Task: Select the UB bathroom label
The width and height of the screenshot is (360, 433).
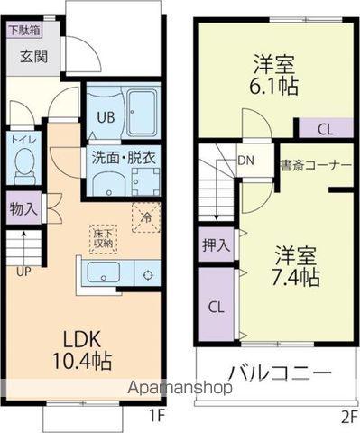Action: [x=101, y=116]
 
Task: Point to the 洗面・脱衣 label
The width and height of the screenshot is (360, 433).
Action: [x=124, y=155]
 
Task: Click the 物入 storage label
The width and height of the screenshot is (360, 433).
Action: [x=23, y=209]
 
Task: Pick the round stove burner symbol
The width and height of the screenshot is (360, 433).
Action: [x=147, y=275]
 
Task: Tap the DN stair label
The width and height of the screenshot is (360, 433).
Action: [x=246, y=162]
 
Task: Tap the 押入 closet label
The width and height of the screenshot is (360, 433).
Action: [x=216, y=244]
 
